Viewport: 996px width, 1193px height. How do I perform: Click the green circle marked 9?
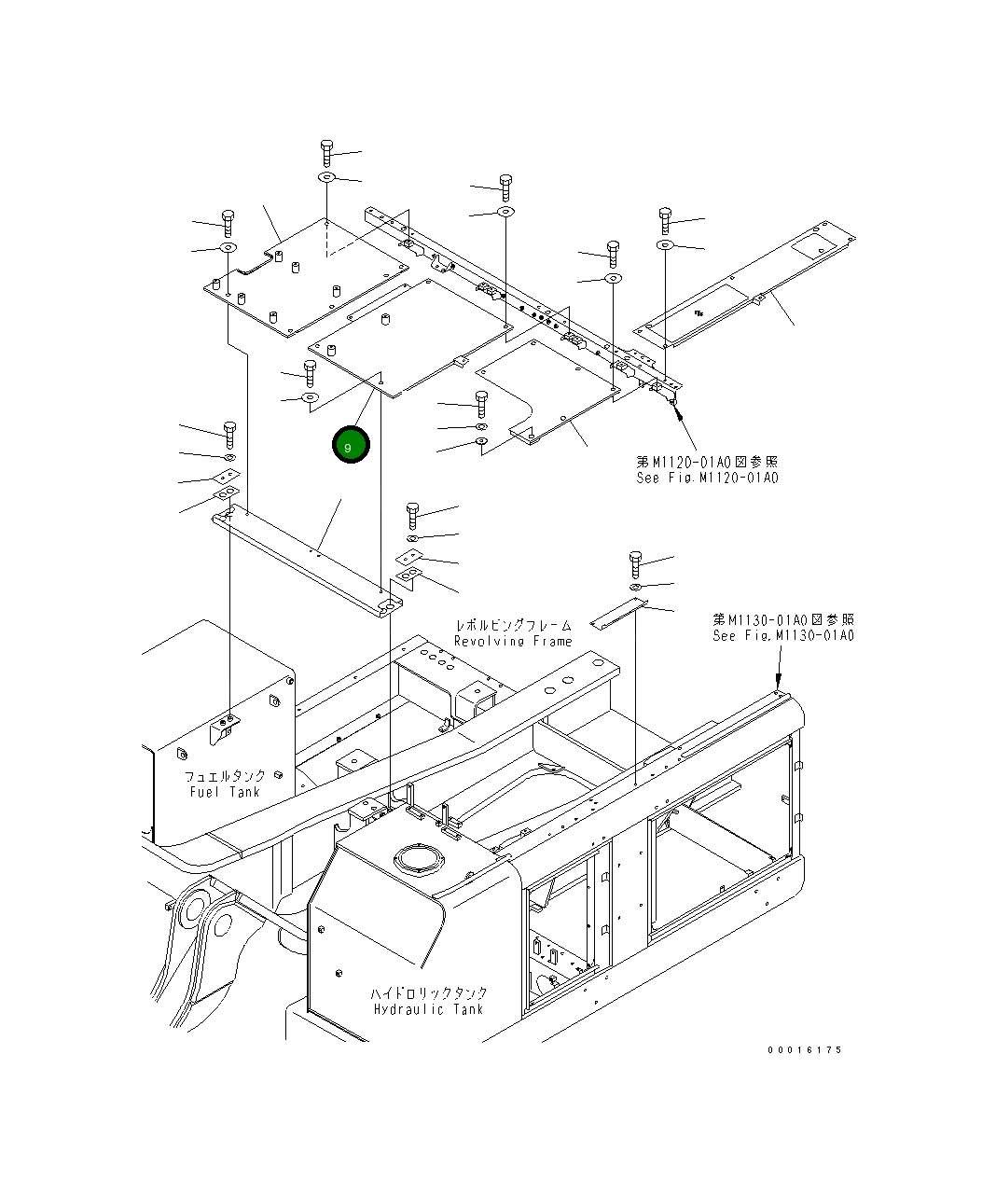tap(351, 446)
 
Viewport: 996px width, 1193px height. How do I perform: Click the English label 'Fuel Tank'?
tap(225, 792)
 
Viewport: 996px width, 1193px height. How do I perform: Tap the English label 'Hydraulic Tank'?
tap(429, 1009)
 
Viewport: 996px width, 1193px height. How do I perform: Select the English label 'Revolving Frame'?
tap(513, 641)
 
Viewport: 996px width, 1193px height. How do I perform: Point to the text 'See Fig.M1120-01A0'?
tap(707, 478)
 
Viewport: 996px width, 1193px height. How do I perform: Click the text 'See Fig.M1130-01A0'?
tap(783, 635)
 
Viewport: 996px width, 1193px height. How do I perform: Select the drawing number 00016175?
tap(805, 1049)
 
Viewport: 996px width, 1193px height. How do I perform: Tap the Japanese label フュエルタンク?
tap(225, 775)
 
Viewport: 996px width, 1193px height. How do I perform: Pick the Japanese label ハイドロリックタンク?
tap(429, 993)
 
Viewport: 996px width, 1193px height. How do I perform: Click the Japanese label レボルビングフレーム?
tap(513, 625)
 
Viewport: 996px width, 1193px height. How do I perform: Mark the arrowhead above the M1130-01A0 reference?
tap(779, 683)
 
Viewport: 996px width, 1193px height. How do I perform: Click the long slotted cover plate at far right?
tap(746, 284)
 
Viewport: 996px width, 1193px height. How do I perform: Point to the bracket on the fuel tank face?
tap(225, 728)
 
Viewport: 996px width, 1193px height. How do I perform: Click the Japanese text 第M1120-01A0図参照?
tap(707, 462)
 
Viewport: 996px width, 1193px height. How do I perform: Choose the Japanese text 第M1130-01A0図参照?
tap(783, 619)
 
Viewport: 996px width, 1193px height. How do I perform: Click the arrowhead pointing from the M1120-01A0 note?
tap(675, 409)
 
